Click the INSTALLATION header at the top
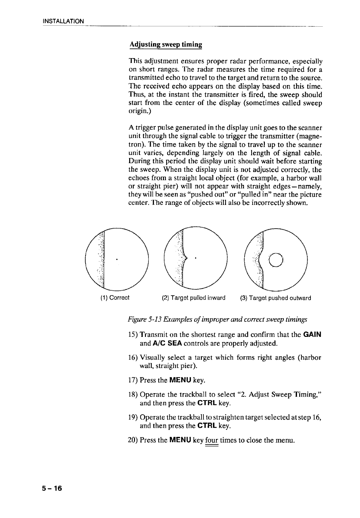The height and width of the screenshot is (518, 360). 64,21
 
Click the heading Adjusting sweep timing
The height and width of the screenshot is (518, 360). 166,44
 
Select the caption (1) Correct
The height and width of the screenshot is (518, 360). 115,298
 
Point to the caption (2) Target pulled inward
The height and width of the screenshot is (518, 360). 194,298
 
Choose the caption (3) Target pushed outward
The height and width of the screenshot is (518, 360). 275,298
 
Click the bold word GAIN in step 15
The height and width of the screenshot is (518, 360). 312,334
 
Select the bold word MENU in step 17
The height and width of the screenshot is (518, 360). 180,381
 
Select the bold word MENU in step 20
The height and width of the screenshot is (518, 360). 180,440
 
